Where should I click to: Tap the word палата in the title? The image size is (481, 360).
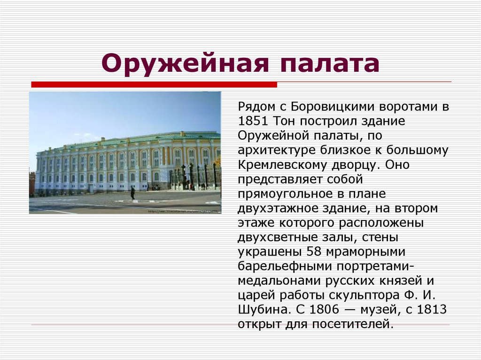pyautogui.click(x=326, y=63)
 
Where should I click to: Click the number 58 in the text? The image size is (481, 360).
pyautogui.click(x=314, y=251)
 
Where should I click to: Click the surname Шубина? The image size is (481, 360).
pyautogui.click(x=260, y=310)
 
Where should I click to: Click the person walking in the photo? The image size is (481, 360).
pyautogui.click(x=132, y=193)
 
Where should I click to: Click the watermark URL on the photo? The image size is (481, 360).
pyautogui.click(x=183, y=211)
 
